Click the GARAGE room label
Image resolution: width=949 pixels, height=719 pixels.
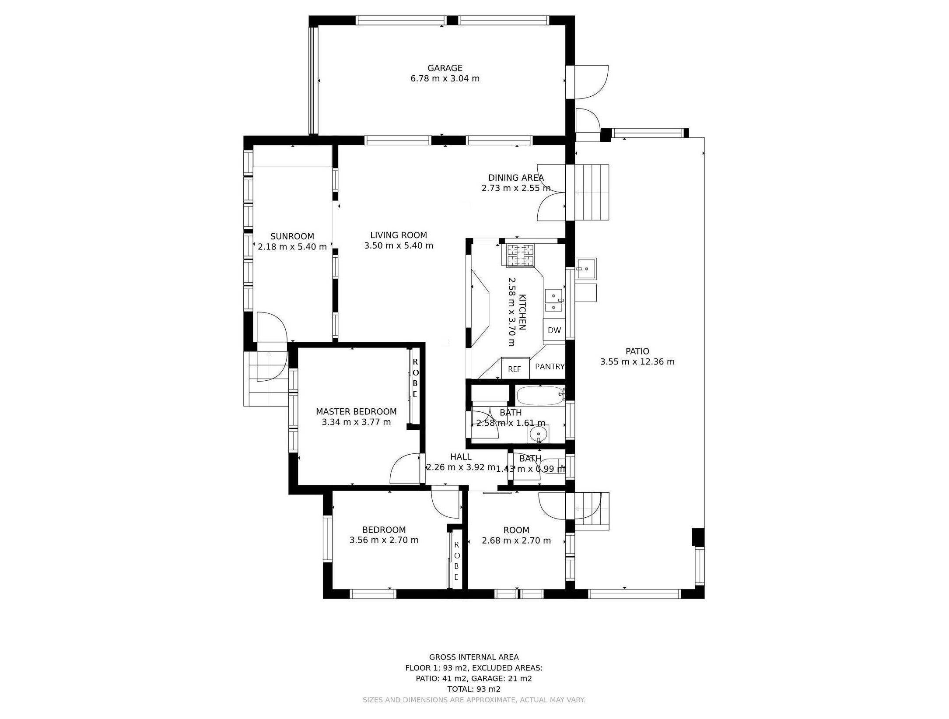point(445,68)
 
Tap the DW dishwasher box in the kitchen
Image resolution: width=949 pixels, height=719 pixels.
point(554,330)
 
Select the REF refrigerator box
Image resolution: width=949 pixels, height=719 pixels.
point(515,369)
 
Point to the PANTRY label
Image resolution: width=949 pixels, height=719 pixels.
point(550,366)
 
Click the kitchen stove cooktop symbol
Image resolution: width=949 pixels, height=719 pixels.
point(520,255)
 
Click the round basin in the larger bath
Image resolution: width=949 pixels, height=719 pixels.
point(538,434)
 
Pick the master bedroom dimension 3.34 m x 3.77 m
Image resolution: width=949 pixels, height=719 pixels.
point(356,422)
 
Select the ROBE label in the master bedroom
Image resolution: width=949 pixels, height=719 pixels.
point(415,378)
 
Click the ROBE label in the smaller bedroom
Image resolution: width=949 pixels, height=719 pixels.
point(456,561)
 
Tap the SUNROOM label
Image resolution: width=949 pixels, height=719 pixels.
point(292,236)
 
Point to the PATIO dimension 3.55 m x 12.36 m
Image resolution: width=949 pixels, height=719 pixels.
point(637,361)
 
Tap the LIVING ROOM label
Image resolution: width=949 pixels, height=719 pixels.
point(398,235)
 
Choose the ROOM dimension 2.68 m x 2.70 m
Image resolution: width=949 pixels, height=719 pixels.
point(516,540)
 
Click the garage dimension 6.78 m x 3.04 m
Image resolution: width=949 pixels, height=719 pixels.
point(445,79)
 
